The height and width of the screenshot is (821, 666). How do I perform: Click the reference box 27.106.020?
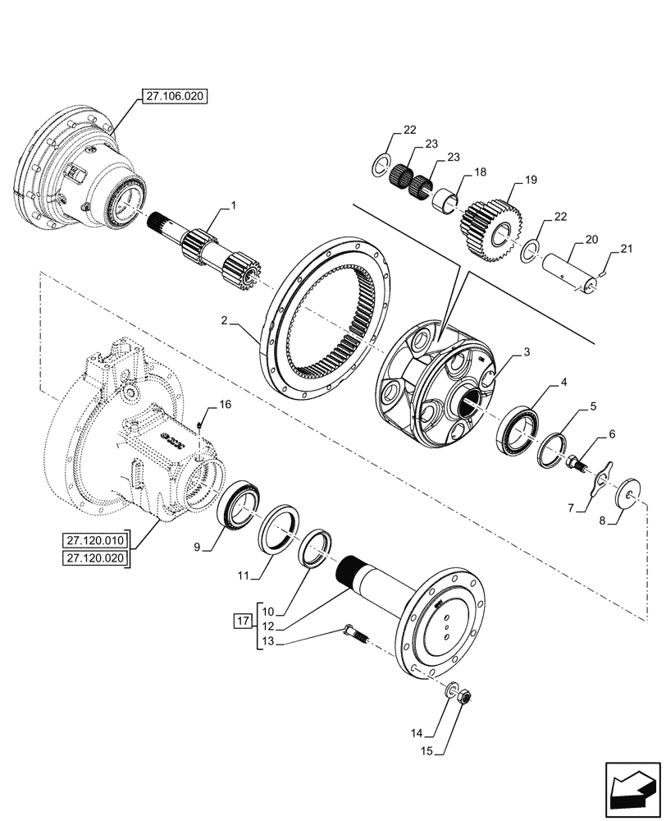click(174, 96)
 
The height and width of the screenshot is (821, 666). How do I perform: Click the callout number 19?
click(531, 178)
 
